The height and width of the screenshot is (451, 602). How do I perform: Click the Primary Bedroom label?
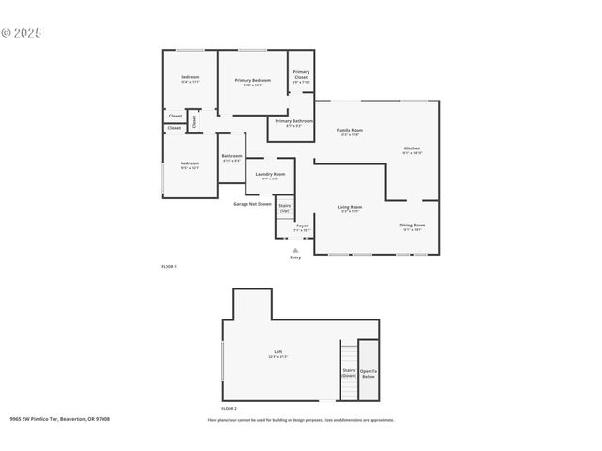[x=252, y=81]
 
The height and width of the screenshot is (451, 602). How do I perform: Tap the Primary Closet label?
[x=301, y=75]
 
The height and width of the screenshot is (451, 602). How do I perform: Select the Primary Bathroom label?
[x=293, y=121]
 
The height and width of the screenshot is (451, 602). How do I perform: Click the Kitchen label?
[x=412, y=149]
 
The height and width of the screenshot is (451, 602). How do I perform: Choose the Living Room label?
[x=350, y=208]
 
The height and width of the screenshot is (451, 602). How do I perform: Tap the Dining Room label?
[x=412, y=225]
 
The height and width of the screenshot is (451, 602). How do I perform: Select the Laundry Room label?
[x=266, y=175]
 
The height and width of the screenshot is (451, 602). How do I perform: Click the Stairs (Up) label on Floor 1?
[x=285, y=208]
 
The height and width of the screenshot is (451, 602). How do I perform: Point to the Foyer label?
[x=302, y=226]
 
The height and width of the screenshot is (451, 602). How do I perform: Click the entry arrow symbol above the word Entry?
[x=295, y=250]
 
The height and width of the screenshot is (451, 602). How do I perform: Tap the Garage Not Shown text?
[x=252, y=204]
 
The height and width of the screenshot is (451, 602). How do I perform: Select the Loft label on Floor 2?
[x=278, y=354]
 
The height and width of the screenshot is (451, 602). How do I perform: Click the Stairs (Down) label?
[x=348, y=373]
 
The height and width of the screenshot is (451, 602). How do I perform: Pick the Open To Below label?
[x=369, y=373]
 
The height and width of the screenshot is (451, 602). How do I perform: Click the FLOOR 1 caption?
[x=168, y=268]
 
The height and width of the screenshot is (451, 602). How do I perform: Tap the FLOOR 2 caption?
[x=229, y=409]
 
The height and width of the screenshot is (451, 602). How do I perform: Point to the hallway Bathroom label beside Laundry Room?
[x=231, y=158]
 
